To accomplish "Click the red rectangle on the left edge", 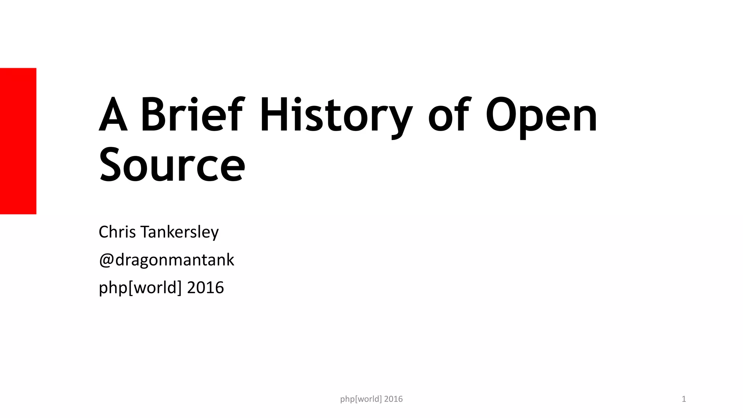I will click(18, 141).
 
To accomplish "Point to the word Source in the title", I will click(172, 165).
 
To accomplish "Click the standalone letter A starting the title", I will click(113, 114).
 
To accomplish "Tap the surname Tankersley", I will click(180, 233).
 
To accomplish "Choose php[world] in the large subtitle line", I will click(140, 288).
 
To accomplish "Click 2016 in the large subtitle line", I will click(205, 288).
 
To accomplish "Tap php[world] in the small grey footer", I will click(361, 399).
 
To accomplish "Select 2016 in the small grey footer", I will click(393, 399).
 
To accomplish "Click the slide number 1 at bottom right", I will click(684, 399).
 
